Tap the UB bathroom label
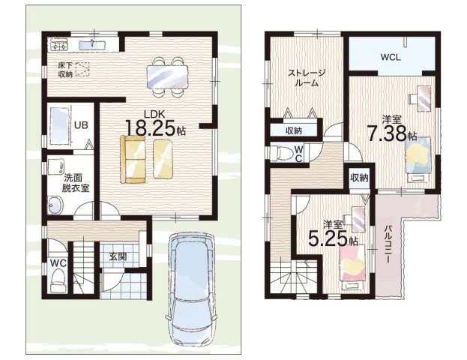click(81, 125)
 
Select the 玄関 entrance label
click(118, 256)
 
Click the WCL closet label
click(390, 57)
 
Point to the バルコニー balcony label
click(388, 244)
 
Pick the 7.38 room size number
click(387, 133)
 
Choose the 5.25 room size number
click(328, 238)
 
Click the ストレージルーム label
click(306, 77)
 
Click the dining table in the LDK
click(167, 76)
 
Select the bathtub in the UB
click(59, 126)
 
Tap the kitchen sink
click(92, 45)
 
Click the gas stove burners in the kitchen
click(59, 46)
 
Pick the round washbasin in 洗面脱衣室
click(55, 205)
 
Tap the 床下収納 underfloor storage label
click(65, 70)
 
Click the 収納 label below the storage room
click(294, 130)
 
